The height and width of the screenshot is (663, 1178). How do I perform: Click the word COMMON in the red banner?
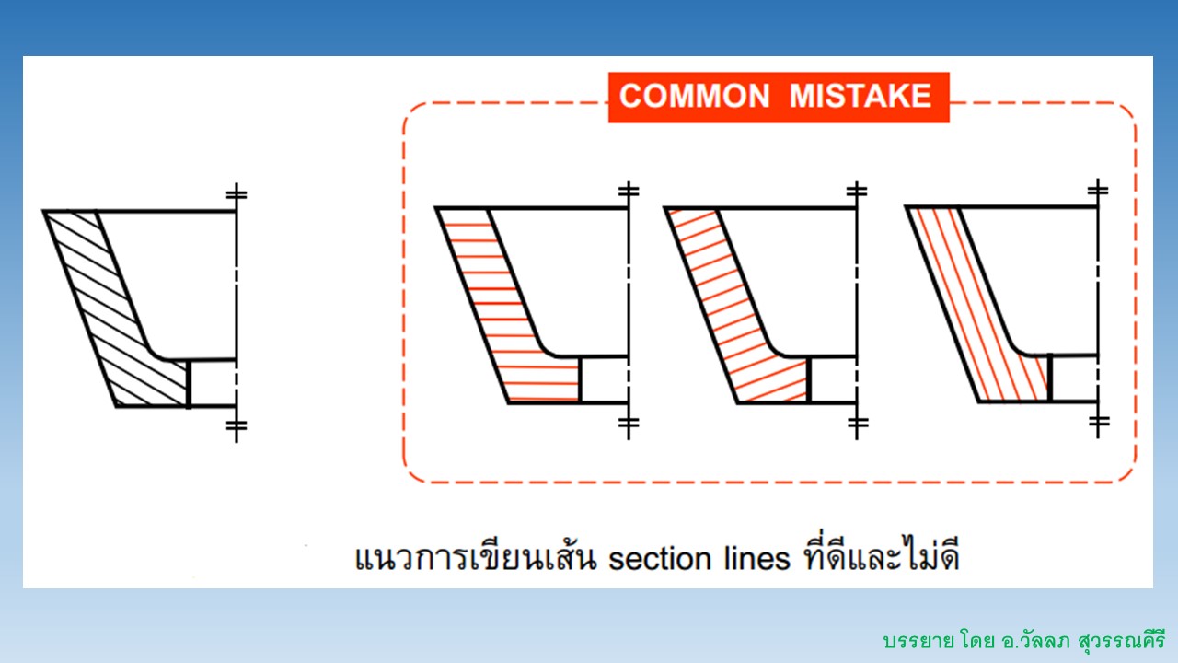[694, 96]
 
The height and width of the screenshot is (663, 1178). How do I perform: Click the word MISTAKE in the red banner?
[860, 96]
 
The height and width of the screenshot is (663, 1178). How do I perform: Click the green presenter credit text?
[1024, 641]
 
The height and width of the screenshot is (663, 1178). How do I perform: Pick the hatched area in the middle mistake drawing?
[742, 316]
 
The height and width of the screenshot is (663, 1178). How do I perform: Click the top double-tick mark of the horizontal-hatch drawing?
[629, 190]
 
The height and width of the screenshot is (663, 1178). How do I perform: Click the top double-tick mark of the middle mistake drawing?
[857, 190]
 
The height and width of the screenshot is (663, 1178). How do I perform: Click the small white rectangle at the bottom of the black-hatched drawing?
[213, 383]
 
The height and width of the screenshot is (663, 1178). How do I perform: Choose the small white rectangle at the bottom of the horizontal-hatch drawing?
[605, 380]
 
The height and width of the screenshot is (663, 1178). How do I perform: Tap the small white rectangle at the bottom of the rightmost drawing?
[1075, 378]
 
